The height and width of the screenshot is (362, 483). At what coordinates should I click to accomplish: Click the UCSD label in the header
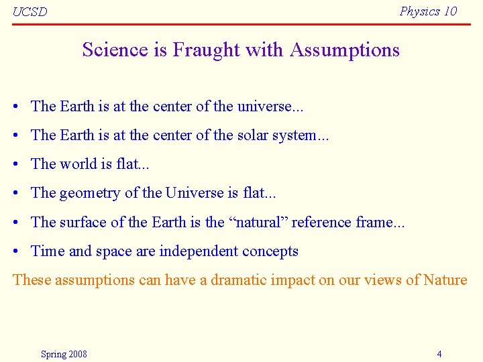tap(30, 11)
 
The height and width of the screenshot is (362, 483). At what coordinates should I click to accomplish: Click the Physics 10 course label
tap(428, 11)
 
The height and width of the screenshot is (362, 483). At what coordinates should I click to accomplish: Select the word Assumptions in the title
tap(345, 50)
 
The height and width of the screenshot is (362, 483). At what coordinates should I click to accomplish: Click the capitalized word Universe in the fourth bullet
tap(195, 193)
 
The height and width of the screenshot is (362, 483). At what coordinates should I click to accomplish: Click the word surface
tap(81, 222)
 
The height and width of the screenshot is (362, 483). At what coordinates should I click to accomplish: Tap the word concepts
tap(272, 251)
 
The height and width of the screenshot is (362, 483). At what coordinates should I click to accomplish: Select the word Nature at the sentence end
tap(445, 280)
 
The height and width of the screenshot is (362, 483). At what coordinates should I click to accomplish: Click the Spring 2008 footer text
tap(64, 354)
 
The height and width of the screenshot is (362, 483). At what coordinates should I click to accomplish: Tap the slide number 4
tap(439, 354)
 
